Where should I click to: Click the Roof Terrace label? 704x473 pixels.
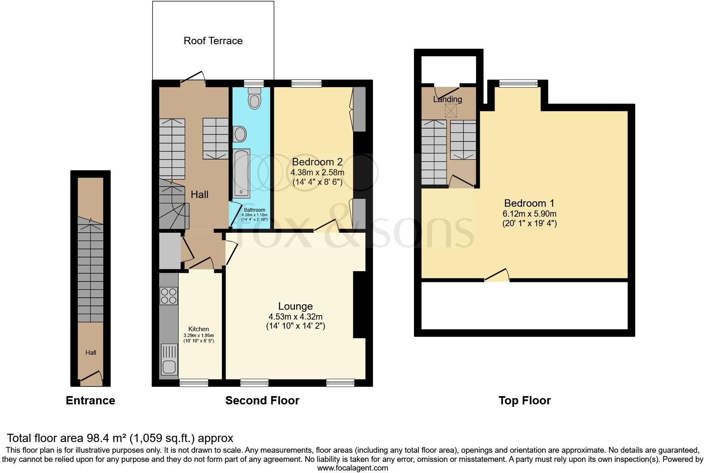(x=213, y=41)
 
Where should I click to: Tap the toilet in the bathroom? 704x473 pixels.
(x=254, y=98)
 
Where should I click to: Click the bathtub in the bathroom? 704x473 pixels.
(x=241, y=173)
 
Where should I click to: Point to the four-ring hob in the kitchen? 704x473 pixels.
(x=169, y=296)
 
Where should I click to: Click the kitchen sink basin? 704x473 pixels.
(x=169, y=366)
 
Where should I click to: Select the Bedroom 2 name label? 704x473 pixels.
(x=317, y=162)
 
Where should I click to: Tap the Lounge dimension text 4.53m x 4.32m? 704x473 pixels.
(x=295, y=317)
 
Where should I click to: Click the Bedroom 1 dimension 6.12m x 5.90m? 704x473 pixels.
(x=529, y=214)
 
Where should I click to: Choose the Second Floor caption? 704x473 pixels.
(x=262, y=400)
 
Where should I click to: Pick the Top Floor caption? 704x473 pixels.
(x=524, y=400)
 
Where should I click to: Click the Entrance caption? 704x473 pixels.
(x=90, y=400)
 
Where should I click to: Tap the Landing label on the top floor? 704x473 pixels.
(x=447, y=99)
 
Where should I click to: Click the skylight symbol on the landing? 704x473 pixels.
(x=451, y=111)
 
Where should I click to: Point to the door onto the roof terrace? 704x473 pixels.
(x=193, y=80)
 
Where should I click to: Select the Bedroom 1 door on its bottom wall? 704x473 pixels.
(x=497, y=276)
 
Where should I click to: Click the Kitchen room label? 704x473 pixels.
(x=198, y=329)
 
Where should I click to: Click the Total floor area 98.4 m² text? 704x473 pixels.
(x=120, y=438)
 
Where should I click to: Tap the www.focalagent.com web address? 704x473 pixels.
(x=352, y=468)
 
